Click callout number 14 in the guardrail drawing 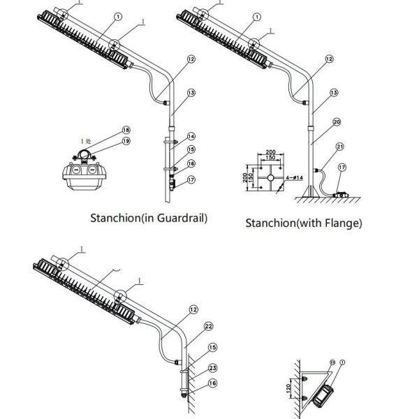191,136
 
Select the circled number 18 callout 126,130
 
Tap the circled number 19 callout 126,140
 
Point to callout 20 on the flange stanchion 337,122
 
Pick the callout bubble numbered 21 340,147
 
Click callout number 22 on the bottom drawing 208,326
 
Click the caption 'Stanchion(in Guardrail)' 149,217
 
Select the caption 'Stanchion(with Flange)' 304,223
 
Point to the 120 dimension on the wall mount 293,388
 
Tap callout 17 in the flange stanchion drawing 341,167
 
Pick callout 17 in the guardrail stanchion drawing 191,180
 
